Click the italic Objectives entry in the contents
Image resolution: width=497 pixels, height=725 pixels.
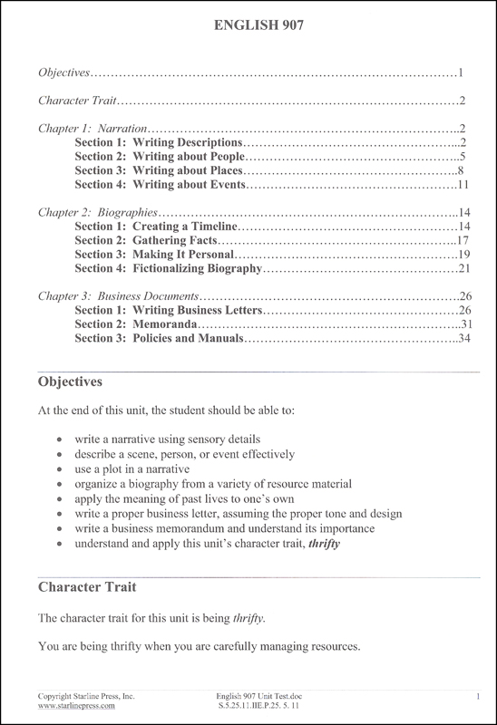pyautogui.click(x=64, y=72)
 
